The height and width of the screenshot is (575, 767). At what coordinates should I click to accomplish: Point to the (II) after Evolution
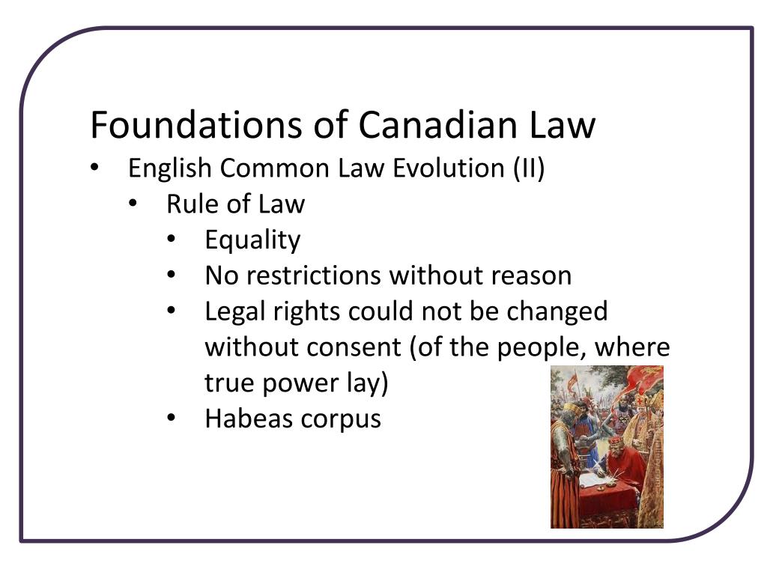pyautogui.click(x=529, y=168)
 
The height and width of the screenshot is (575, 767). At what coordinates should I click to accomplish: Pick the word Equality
pyautogui.click(x=252, y=240)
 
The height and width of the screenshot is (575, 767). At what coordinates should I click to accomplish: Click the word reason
pyautogui.click(x=531, y=276)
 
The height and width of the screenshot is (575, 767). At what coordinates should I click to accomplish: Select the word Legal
pyautogui.click(x=237, y=311)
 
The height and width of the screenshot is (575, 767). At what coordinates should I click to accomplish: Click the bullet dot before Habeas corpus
pyautogui.click(x=172, y=419)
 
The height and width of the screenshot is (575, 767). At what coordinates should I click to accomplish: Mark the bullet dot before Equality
pyautogui.click(x=172, y=240)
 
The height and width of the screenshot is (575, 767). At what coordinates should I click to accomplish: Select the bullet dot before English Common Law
pyautogui.click(x=94, y=168)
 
